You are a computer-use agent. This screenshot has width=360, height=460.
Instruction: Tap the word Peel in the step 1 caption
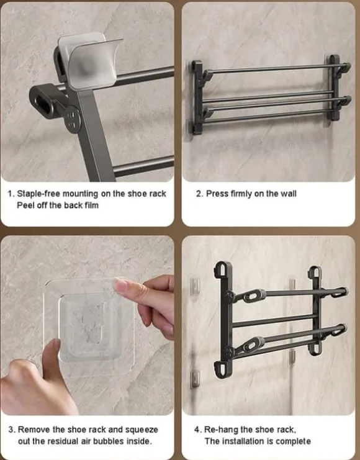pos(24,205)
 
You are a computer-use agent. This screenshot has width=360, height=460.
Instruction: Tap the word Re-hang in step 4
pos(221,430)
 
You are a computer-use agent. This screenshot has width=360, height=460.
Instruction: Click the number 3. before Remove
pos(12,430)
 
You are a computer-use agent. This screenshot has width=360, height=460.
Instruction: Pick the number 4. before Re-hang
pos(198,430)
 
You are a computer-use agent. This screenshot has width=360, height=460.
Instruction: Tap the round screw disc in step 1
pos(73,120)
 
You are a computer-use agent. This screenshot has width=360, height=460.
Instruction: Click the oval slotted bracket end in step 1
pos(43,101)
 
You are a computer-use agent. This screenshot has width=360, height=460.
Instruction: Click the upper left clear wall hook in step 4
pos(195,286)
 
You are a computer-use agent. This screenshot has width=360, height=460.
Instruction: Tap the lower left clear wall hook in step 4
pos(195,379)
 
